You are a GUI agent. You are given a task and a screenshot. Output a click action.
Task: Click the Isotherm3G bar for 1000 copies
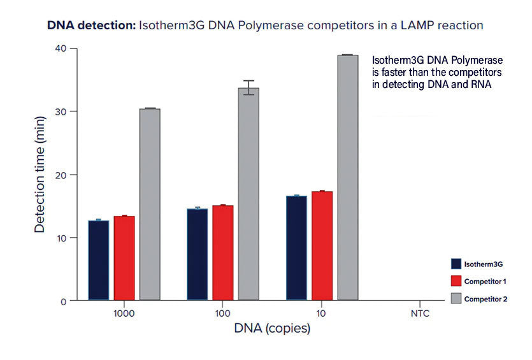click(x=99, y=260)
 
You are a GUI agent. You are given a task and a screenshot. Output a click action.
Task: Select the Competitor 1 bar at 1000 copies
click(x=124, y=258)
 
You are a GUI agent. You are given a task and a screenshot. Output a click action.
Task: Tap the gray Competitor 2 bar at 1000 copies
click(x=150, y=204)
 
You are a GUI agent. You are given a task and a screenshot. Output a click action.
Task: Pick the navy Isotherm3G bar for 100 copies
click(x=198, y=254)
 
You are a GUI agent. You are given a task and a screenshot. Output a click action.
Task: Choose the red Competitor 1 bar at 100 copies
click(x=223, y=252)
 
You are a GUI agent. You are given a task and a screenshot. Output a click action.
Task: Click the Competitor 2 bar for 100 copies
click(x=248, y=194)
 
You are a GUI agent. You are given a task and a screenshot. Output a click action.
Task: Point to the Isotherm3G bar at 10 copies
click(x=297, y=248)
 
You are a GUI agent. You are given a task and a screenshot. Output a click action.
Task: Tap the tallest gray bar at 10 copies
click(x=348, y=178)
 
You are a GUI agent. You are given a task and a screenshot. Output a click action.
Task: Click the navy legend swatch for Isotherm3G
click(x=456, y=264)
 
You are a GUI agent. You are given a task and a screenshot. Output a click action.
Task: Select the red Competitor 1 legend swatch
click(x=456, y=281)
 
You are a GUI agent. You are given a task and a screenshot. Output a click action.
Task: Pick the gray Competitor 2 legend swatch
click(x=456, y=298)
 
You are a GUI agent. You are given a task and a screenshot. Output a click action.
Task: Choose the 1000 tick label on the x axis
click(x=124, y=314)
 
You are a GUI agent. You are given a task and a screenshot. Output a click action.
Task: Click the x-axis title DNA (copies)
click(x=272, y=329)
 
